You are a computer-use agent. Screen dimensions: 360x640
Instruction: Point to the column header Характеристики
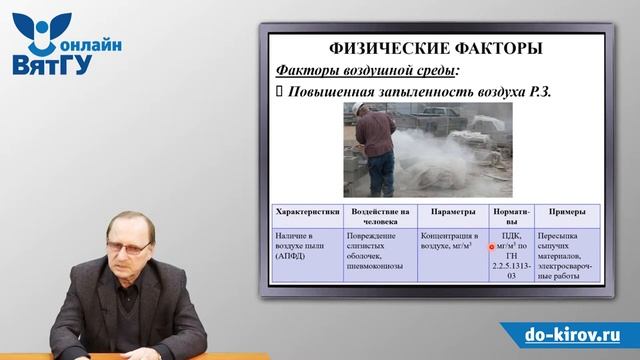(x=307, y=212)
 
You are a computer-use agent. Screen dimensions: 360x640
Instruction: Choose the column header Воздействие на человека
(x=381, y=217)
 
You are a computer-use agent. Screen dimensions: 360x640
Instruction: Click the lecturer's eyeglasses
(x=133, y=246)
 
